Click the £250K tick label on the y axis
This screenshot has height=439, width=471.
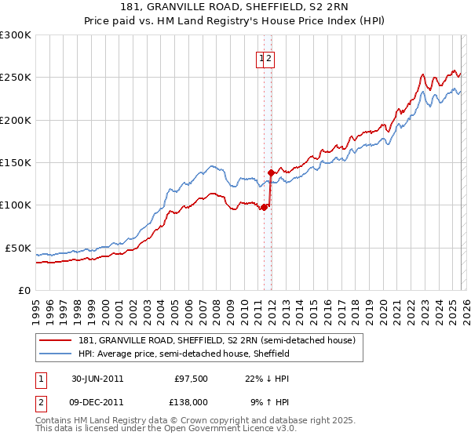[16, 78]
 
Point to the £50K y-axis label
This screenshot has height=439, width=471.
[18, 248]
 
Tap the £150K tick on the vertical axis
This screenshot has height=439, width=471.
[16, 162]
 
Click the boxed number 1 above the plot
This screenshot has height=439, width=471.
[261, 57]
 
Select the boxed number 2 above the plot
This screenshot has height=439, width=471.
[268, 57]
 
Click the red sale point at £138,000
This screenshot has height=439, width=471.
[271, 172]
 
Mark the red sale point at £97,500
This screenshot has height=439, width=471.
[265, 207]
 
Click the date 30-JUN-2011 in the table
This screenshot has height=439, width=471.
[97, 379]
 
